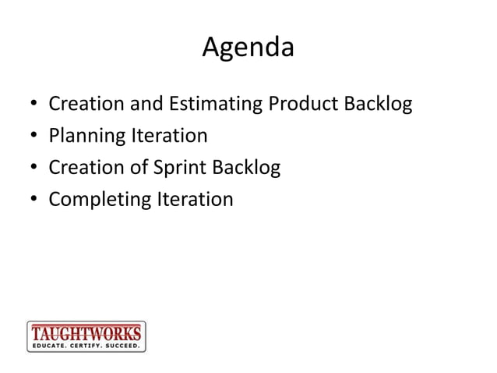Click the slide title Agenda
click(x=248, y=48)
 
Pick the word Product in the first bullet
click(x=305, y=104)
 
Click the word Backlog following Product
click(x=377, y=104)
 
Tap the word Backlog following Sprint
click(x=245, y=168)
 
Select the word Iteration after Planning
click(x=169, y=136)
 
